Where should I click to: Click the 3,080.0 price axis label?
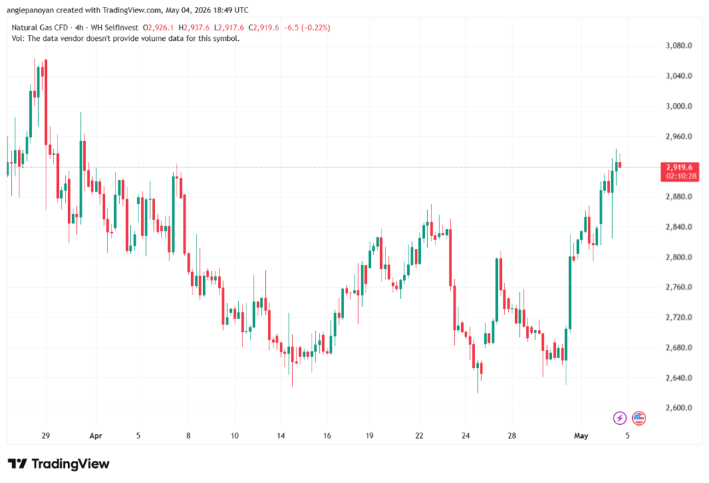click(679, 46)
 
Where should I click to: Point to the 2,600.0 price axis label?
click(679, 408)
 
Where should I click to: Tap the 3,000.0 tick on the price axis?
click(679, 106)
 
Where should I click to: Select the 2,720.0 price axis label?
click(679, 317)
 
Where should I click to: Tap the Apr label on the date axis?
click(96, 436)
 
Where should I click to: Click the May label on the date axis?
click(581, 436)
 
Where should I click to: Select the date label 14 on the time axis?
click(281, 436)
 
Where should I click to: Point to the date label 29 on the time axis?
click(46, 436)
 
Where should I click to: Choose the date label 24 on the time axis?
click(466, 436)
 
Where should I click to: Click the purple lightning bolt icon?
click(620, 418)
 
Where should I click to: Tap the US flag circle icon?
click(639, 418)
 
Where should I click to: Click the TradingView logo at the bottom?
click(59, 464)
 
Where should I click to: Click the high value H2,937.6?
click(194, 28)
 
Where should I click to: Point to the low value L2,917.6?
click(228, 28)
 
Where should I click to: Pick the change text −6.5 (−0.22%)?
click(307, 28)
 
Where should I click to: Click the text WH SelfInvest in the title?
click(114, 28)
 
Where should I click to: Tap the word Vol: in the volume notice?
click(18, 39)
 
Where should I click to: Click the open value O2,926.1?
click(159, 28)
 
